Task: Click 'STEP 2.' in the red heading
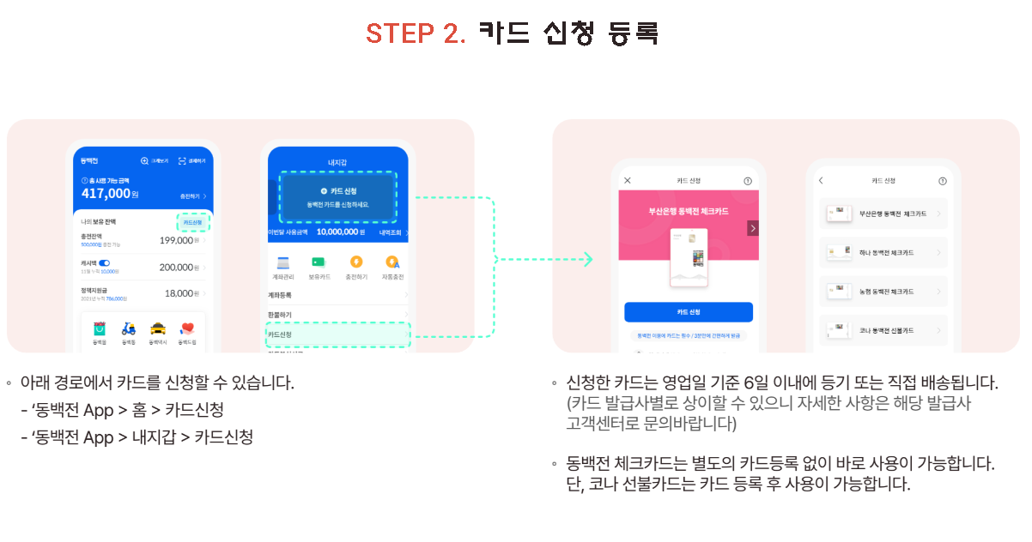pyautogui.click(x=416, y=33)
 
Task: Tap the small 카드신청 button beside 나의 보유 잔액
pyautogui.click(x=193, y=223)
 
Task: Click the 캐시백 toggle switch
pyautogui.click(x=105, y=262)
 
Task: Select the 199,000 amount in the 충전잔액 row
pyautogui.click(x=176, y=241)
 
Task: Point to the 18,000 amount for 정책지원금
pyautogui.click(x=179, y=293)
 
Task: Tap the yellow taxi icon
pyautogui.click(x=158, y=328)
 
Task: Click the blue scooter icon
pyautogui.click(x=129, y=328)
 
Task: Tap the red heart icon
pyautogui.click(x=187, y=328)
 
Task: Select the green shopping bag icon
pyautogui.click(x=100, y=328)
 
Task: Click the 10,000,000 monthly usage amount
pyautogui.click(x=340, y=232)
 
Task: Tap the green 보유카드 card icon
pyautogui.click(x=319, y=262)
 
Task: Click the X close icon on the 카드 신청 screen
pyautogui.click(x=627, y=181)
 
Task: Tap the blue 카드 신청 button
pyautogui.click(x=688, y=311)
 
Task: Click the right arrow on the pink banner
pyautogui.click(x=752, y=228)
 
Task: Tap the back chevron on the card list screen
pyautogui.click(x=821, y=181)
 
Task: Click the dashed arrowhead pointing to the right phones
pyautogui.click(x=588, y=259)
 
